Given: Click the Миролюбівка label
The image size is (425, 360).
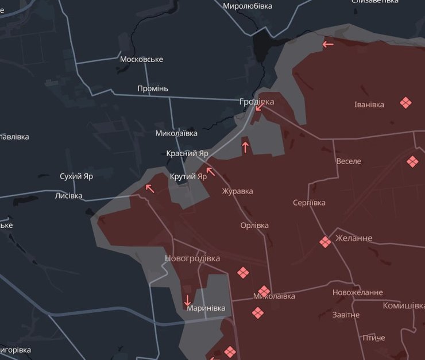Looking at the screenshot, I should click(x=248, y=6).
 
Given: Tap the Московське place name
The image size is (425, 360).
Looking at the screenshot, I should click(x=141, y=59).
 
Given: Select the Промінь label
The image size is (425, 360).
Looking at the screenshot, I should click(x=153, y=88).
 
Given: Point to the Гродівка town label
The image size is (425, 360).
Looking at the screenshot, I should click(x=257, y=102).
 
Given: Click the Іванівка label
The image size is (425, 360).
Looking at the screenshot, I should click(x=369, y=104).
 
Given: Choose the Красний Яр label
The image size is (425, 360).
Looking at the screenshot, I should click(x=187, y=153).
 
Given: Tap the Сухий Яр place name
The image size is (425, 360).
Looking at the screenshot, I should click(x=76, y=176).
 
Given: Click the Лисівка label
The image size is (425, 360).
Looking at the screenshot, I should click(x=68, y=196).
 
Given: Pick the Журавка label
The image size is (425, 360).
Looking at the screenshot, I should click(x=237, y=191).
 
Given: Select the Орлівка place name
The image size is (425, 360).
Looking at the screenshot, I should click(x=254, y=225).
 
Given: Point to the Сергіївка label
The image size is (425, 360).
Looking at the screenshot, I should click(x=309, y=203).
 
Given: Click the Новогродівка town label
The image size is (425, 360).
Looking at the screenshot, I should click(x=192, y=258).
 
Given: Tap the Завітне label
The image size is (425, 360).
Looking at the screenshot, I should click(x=346, y=315).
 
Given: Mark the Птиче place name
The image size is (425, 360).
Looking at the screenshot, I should click(x=373, y=338).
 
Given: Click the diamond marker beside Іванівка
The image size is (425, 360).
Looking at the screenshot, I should click(x=405, y=103).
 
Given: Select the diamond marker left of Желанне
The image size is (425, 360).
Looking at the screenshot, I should click(x=325, y=242).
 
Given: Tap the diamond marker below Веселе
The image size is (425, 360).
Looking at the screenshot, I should click(x=412, y=162).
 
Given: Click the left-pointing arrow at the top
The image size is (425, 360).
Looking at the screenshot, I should click(x=328, y=44).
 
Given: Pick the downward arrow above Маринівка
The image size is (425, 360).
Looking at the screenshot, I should click(x=187, y=300).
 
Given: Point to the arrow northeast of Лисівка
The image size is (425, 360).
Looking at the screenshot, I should click(x=150, y=188).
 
